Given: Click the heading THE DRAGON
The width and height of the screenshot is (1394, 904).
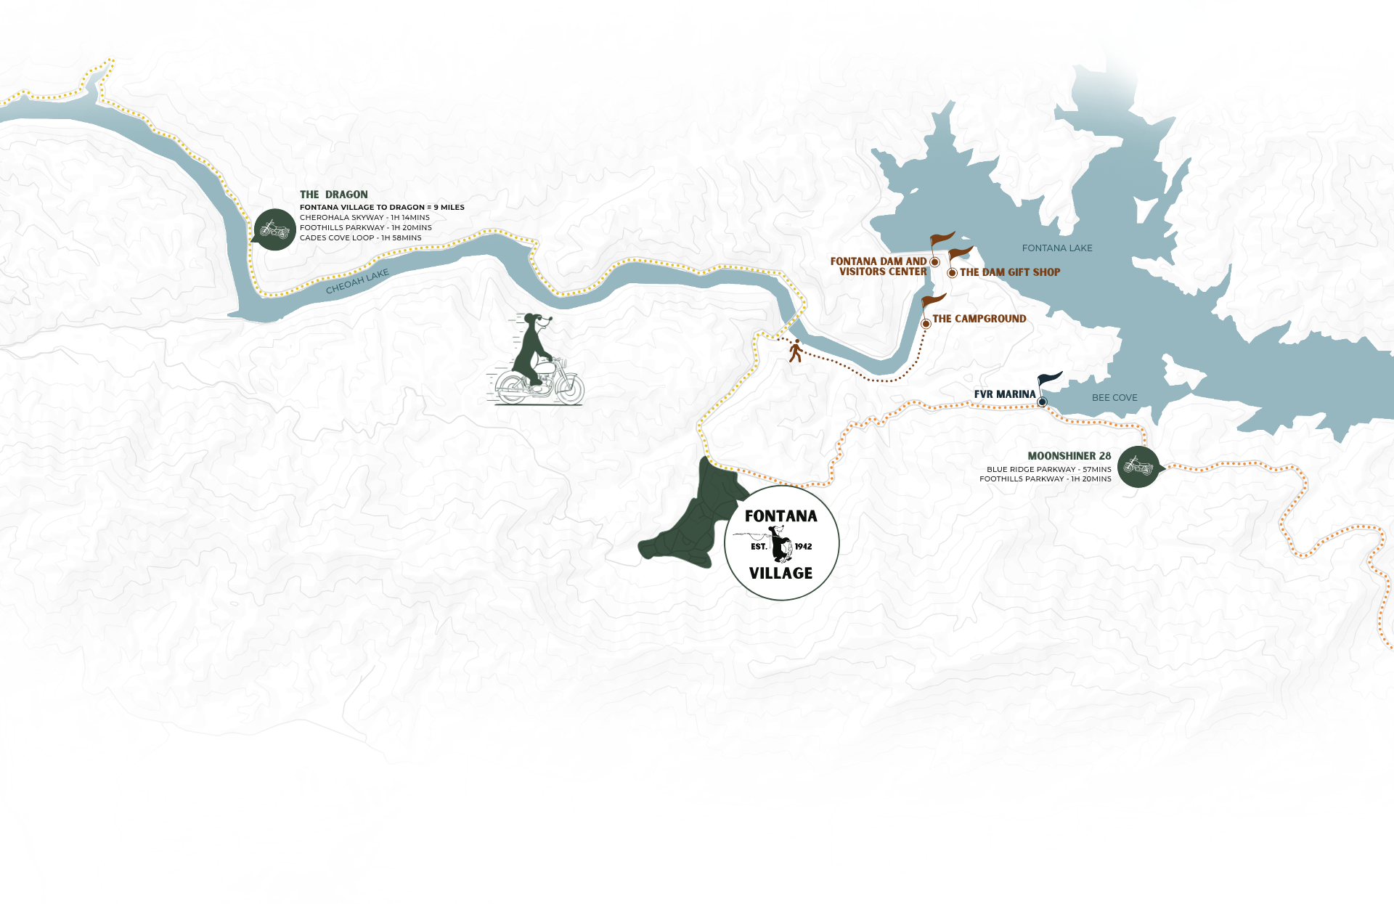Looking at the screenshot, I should point(333,195).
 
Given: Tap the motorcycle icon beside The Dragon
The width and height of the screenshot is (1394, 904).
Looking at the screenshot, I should point(274,229).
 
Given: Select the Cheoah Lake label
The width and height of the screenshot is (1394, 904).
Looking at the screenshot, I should point(357,282).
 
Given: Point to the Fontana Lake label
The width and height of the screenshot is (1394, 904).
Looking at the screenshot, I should point(1056,248).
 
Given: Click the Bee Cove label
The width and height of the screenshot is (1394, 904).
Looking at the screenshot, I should point(1114,398).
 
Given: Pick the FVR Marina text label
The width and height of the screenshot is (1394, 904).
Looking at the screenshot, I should point(1004,394).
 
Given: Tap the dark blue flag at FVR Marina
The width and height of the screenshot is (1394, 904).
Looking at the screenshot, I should point(1050,379).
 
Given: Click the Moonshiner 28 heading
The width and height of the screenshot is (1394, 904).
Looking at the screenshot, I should point(1069,456).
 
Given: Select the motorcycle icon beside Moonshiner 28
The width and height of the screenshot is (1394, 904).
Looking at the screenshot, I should point(1138,467).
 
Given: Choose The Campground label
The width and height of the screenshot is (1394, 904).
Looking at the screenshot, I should point(979,319).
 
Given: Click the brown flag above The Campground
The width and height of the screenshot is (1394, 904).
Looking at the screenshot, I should point(934,301).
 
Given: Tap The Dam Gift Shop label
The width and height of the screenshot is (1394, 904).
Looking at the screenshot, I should point(1009,272).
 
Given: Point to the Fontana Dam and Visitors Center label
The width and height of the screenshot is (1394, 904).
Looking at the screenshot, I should point(879,266).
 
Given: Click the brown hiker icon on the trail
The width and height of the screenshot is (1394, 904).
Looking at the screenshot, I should point(796,351).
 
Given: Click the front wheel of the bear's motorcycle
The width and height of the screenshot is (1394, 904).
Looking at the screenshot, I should point(569,390).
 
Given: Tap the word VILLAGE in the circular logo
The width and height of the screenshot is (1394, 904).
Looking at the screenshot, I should point(780,573).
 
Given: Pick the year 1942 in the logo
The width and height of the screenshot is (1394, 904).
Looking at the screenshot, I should point(803,547).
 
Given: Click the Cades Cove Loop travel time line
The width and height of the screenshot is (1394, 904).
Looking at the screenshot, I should point(360,237).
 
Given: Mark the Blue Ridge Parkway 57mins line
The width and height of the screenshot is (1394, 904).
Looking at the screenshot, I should point(1048,469).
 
